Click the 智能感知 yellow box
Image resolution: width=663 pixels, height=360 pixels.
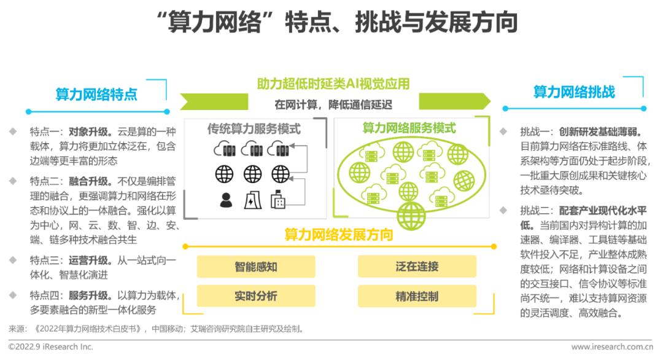coord(255,267)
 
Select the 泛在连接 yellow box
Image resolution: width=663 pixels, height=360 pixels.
coord(417,267)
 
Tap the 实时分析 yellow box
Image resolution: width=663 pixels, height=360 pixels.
coord(255,296)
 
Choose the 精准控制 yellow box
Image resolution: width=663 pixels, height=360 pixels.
coord(417,296)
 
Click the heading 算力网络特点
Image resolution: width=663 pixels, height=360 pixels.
coord(96,95)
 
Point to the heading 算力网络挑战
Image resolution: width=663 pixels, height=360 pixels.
coord(574,92)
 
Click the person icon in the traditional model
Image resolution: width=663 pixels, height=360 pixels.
coord(226,200)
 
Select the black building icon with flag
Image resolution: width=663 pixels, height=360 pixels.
coord(279,200)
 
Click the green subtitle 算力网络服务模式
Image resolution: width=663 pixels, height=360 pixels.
coord(409,128)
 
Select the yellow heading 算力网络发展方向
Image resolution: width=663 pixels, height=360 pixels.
coord(338,235)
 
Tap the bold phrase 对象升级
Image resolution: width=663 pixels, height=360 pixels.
coord(89,131)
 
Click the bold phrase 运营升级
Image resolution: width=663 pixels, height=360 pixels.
coord(89,260)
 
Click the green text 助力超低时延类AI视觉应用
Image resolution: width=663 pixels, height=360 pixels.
coord(333,84)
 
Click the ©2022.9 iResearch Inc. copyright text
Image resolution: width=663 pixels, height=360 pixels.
coord(51,347)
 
